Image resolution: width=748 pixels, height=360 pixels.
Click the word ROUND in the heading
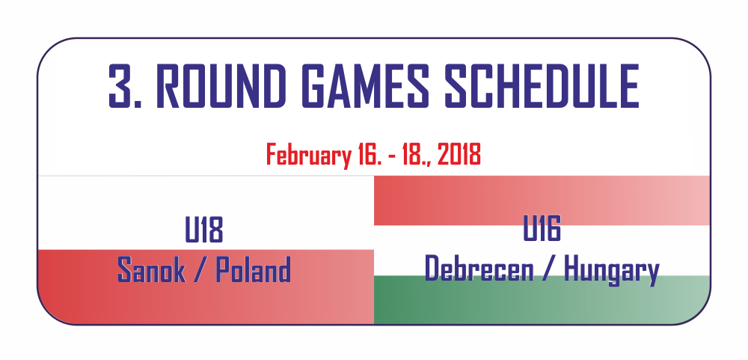[x=221, y=86]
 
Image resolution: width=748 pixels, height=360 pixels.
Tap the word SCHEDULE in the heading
[x=542, y=86]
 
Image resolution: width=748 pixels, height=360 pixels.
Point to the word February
[x=307, y=155]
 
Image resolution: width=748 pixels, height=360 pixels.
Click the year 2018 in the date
[x=459, y=155]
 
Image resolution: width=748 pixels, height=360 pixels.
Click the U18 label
[x=204, y=230]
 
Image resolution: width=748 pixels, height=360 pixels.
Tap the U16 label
[x=542, y=229]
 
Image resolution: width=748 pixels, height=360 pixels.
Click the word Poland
[x=254, y=269]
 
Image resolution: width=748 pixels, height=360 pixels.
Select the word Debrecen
[x=479, y=269]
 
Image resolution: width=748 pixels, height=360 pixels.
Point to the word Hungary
[x=612, y=269]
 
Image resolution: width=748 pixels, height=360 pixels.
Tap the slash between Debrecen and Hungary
[x=548, y=269]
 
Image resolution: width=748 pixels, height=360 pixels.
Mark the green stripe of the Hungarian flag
[x=542, y=300]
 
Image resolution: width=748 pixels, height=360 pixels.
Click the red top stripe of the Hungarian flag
[x=542, y=201]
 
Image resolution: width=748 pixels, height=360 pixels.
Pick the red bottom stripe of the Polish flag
[x=206, y=287]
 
